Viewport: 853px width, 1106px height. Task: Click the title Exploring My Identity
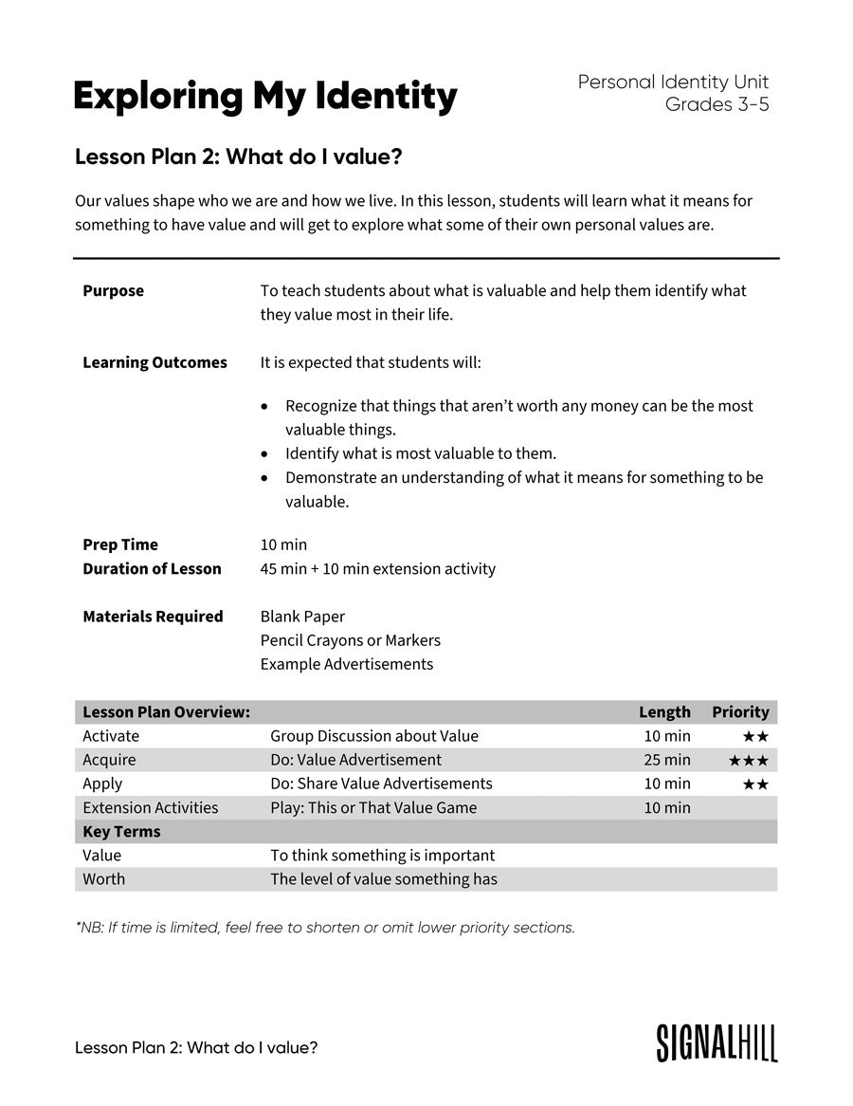coord(264,96)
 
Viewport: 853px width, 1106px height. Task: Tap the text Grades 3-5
coord(717,105)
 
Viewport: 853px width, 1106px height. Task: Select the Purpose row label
coord(114,291)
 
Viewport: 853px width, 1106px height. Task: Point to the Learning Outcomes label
coord(154,362)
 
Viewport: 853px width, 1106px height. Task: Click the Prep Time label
coord(120,544)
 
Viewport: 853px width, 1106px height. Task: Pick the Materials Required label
coord(153,617)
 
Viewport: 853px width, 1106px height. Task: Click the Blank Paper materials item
coord(302,617)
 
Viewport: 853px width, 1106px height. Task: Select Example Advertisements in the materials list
coord(346,664)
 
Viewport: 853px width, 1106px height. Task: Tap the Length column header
coord(664,711)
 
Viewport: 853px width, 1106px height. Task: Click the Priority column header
coord(740,711)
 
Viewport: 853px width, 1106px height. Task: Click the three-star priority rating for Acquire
coord(748,761)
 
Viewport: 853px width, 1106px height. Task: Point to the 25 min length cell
coord(667,760)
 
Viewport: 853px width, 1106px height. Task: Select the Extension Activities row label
coord(150,807)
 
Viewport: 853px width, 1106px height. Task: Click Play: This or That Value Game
coord(373,807)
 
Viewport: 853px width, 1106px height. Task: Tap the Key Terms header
coord(121,832)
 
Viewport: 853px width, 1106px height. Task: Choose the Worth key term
coord(103,879)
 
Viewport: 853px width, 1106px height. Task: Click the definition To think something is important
coord(382,856)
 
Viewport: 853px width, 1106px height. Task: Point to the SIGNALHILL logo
coord(717,1042)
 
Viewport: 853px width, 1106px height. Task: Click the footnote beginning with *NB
coord(325,928)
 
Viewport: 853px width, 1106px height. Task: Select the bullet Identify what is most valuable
coord(420,453)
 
